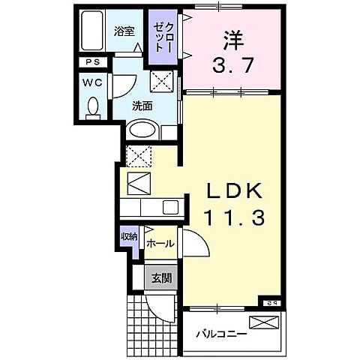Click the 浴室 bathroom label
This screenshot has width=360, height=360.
click(124, 31)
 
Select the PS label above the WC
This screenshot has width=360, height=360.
click(91, 64)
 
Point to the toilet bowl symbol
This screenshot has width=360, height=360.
click(93, 106)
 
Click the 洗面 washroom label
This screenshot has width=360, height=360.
click(143, 106)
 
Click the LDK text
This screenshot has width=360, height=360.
click(232, 191)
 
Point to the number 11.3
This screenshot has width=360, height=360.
click(232, 218)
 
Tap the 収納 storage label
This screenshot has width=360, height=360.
click(129, 237)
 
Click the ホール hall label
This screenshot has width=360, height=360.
click(160, 244)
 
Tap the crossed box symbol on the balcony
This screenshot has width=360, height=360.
click(264, 322)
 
